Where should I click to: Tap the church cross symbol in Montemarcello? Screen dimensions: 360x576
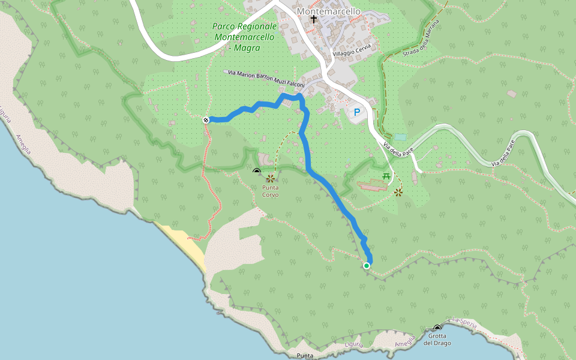click(x=313, y=20)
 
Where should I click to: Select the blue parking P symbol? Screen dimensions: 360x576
click(x=358, y=112)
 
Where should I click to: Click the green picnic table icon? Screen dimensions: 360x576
click(x=386, y=176)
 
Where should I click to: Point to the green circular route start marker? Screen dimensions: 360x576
click(x=367, y=265)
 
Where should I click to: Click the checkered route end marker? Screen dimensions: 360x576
click(x=206, y=120)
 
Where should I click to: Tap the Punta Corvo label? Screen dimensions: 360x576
click(x=270, y=191)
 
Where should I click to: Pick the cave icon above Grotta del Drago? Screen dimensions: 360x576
click(x=437, y=328)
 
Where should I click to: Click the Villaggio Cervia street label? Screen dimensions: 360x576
click(x=352, y=50)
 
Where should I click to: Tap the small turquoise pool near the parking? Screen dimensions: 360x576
click(x=400, y=137)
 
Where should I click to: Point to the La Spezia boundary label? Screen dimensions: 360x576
click(x=465, y=325)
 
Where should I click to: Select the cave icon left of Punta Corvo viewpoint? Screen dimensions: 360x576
click(x=257, y=171)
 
